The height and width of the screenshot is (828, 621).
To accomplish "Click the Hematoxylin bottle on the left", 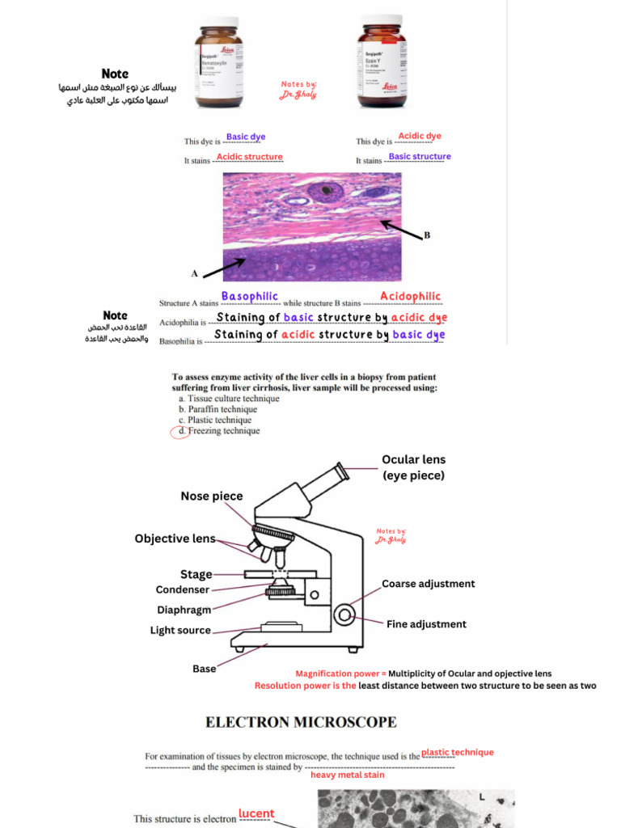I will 218,62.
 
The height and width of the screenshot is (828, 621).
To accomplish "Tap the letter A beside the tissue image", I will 194,273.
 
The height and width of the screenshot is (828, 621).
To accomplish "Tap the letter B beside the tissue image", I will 427,235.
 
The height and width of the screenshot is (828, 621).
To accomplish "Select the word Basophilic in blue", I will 249,297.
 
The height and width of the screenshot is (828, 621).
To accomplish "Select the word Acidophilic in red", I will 410,297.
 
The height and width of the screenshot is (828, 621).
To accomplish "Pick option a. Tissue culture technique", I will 228,399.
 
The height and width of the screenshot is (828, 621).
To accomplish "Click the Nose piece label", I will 211,496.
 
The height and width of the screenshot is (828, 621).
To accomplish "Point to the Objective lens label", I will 175,539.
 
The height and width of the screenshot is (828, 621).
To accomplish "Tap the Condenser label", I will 182,590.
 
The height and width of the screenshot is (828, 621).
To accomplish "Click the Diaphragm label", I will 184,610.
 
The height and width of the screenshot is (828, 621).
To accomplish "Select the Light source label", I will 180,631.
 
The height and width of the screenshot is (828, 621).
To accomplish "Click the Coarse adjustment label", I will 428,584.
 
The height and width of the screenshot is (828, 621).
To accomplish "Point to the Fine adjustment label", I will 426,624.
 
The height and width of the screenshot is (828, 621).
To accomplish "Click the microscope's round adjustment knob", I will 345,615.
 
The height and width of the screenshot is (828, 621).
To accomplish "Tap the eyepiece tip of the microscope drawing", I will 343,470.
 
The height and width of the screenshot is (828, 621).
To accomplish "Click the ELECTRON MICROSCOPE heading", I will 301,721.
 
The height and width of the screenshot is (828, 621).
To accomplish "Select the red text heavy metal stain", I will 347,775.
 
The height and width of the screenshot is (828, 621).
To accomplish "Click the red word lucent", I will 256,813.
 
